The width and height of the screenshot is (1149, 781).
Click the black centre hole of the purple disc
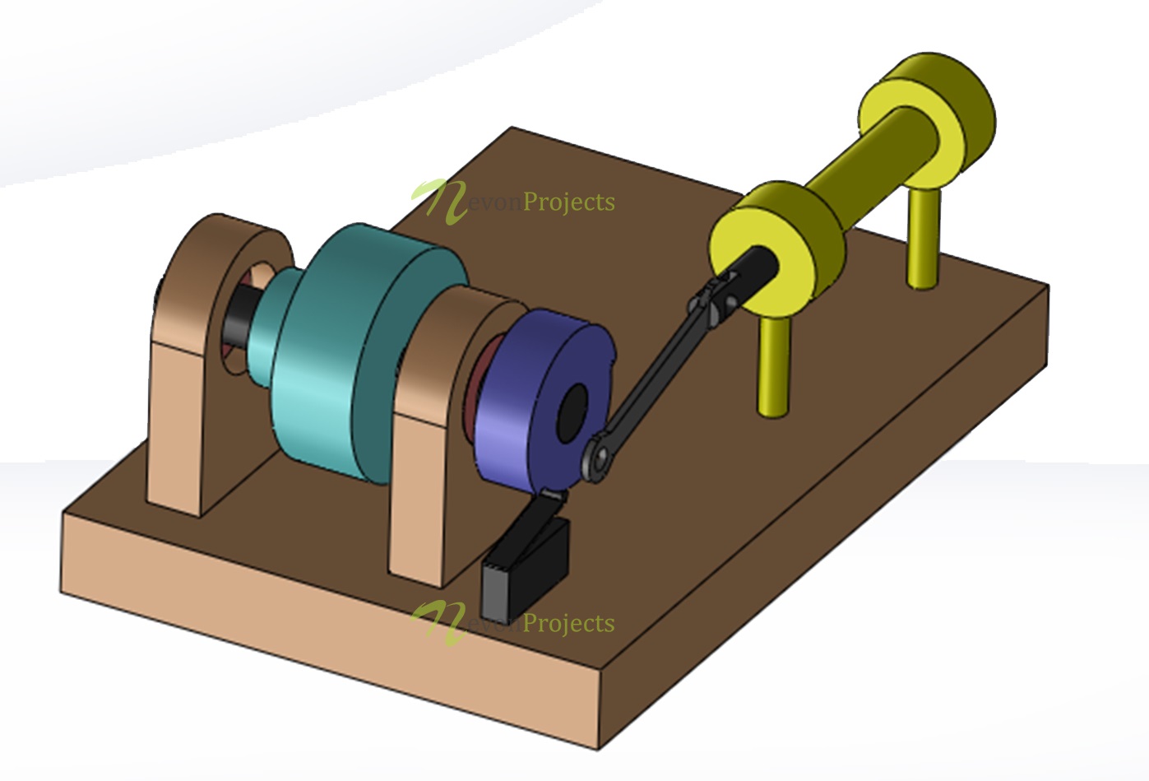tap(572, 410)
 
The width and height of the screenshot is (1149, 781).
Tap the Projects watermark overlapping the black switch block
tap(568, 623)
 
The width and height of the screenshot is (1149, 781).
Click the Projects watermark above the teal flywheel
tap(568, 202)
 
